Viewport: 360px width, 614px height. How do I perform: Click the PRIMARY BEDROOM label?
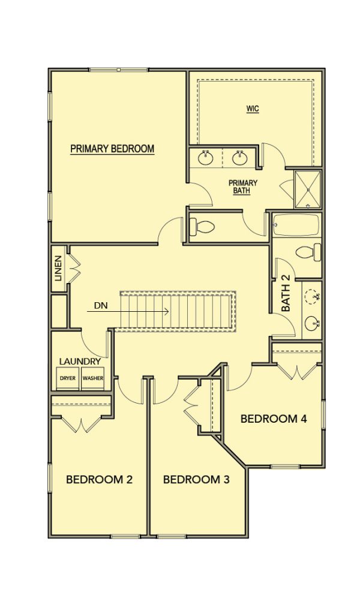112,149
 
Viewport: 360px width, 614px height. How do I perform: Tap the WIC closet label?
253,109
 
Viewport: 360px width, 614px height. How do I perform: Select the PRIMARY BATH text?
243,187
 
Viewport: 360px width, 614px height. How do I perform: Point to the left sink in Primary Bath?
205,158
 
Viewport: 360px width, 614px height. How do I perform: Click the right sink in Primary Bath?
239,158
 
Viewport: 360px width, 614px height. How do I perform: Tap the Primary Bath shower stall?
308,189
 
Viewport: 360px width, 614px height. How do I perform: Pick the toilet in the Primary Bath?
202,226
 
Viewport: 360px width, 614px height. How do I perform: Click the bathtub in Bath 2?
296,225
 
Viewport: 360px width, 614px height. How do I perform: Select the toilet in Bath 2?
308,252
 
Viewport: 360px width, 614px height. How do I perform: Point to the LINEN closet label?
58,269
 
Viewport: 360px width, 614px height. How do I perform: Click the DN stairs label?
101,304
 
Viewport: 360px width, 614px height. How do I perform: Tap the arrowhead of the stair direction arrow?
166,311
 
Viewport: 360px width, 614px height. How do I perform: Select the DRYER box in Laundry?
68,378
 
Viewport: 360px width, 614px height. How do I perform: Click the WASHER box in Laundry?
93,378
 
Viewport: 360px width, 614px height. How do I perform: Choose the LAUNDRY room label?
80,362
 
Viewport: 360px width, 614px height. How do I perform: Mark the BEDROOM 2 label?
99,479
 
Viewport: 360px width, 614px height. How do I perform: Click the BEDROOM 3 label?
196,479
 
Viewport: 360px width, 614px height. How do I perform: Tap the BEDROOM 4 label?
274,419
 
